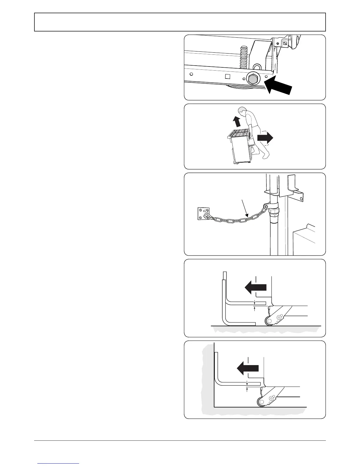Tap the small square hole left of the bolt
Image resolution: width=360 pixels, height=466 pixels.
[x=227, y=77]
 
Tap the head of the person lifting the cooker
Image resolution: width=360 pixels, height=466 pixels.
[x=242, y=111]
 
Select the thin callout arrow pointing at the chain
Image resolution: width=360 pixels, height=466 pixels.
[x=246, y=209]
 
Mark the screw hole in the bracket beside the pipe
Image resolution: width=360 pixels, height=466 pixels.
[x=300, y=198]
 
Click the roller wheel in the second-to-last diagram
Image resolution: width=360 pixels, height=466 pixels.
[x=269, y=322]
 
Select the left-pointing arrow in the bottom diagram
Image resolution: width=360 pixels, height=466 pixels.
[x=248, y=368]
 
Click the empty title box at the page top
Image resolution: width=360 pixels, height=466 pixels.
[x=180, y=22]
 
